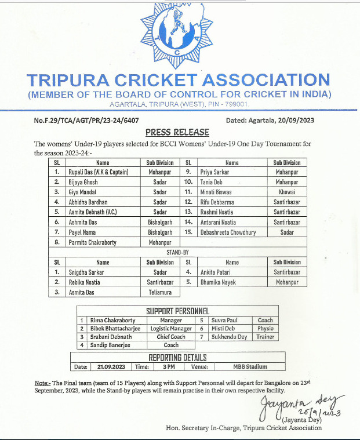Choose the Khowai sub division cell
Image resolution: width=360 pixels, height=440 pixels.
(x=287, y=191)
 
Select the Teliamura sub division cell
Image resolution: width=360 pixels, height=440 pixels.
(x=159, y=292)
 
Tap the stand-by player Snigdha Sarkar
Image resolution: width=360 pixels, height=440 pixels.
(x=88, y=272)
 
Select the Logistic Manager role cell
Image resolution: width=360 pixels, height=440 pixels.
(x=171, y=328)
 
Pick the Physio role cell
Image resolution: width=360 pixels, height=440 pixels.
(x=266, y=328)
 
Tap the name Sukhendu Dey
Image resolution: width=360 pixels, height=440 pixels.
(x=230, y=337)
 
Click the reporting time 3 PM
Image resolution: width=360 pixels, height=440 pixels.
(x=169, y=367)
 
